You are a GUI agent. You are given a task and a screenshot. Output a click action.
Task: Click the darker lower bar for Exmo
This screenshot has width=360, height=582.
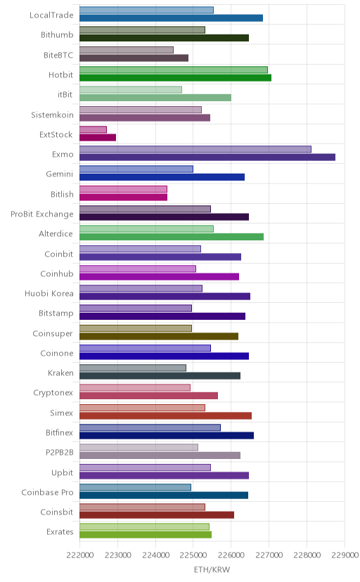click(x=207, y=157)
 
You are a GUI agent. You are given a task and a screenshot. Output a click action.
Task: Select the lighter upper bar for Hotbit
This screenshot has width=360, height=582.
click(x=173, y=70)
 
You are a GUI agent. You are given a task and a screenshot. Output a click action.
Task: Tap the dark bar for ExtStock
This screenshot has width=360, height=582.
click(x=98, y=137)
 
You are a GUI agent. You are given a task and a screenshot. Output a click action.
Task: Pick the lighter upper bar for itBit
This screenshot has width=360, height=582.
click(x=131, y=89)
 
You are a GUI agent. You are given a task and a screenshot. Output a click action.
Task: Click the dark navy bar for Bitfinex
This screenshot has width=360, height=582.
click(x=167, y=435)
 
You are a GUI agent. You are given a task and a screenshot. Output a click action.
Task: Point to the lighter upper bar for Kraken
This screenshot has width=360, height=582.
click(x=133, y=368)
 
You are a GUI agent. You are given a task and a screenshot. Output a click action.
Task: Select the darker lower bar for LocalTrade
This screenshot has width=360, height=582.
click(x=171, y=18)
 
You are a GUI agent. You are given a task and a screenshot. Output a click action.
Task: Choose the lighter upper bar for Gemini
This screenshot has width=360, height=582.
click(x=136, y=169)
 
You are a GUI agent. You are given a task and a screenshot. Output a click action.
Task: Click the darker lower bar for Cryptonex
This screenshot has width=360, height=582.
click(x=148, y=396)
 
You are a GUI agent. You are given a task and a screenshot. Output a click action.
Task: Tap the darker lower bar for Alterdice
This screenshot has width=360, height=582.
click(x=172, y=237)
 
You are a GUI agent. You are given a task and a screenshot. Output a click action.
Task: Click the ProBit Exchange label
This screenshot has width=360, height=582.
click(x=42, y=214)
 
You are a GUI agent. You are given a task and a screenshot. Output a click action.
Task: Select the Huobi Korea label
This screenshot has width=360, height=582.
click(x=49, y=294)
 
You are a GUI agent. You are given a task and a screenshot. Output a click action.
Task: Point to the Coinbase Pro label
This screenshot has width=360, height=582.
click(x=48, y=493)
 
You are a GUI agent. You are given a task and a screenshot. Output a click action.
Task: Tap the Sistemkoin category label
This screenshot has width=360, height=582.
click(x=52, y=115)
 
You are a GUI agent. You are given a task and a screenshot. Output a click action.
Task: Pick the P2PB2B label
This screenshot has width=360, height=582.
click(x=59, y=453)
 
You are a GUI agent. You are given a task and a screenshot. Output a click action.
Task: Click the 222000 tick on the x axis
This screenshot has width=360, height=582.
click(x=79, y=555)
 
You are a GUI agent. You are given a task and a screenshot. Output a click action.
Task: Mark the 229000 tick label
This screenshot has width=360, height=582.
click(x=345, y=555)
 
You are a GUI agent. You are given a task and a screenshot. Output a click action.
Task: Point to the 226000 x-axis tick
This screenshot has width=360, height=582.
click(x=231, y=555)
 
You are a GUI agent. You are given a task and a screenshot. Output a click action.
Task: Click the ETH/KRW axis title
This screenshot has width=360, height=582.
click(x=212, y=570)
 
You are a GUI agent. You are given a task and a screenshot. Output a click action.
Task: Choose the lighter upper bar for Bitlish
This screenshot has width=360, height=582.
click(x=123, y=189)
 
